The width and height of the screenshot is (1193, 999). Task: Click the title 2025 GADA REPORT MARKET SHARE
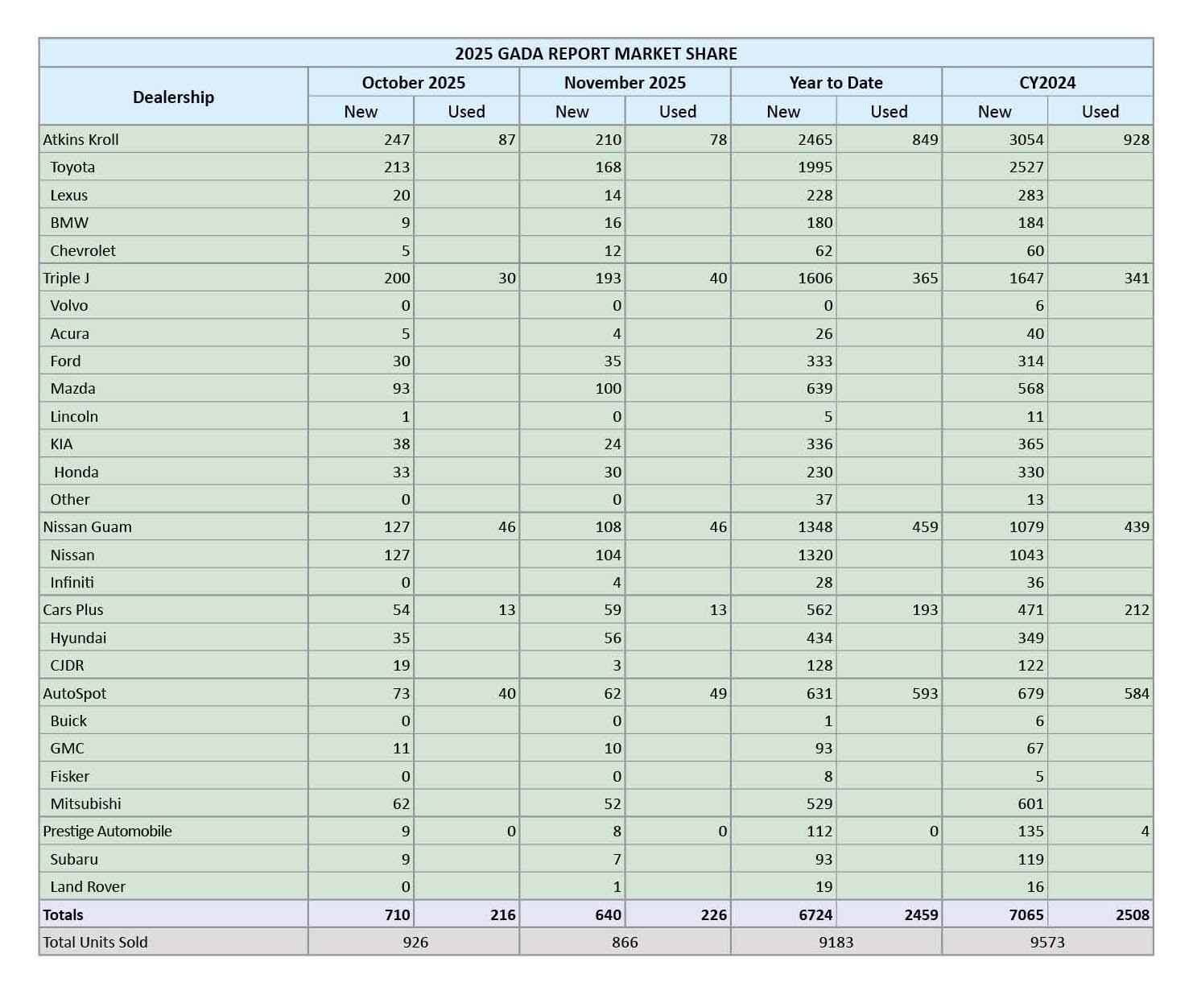tap(596, 54)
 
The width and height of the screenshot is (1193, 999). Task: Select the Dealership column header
tap(173, 97)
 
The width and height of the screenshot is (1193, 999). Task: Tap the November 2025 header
tap(625, 83)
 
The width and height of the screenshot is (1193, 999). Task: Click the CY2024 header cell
tap(1046, 83)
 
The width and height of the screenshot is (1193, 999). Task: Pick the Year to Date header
tap(836, 83)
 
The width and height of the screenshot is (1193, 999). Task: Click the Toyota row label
tap(72, 167)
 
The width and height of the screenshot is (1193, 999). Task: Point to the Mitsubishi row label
tap(85, 803)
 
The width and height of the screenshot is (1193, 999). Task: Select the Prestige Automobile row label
tap(107, 832)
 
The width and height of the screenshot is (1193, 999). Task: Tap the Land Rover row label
tap(88, 887)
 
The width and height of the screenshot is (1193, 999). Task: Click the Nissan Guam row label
tap(87, 527)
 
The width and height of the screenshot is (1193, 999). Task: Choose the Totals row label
tap(63, 915)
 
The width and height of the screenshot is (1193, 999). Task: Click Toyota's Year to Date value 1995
tap(815, 167)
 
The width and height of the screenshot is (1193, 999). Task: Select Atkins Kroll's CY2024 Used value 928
tap(1136, 140)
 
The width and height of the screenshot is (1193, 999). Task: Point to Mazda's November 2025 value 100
tap(608, 389)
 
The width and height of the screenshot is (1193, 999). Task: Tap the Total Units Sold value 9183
tap(836, 943)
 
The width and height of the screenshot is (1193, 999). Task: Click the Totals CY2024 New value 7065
tap(1026, 915)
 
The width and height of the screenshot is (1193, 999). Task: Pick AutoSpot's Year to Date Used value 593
tap(925, 694)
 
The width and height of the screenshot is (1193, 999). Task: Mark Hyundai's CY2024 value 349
tap(1030, 638)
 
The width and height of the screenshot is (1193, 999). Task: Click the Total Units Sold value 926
tap(415, 943)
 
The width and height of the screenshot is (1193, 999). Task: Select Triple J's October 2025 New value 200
tap(397, 279)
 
